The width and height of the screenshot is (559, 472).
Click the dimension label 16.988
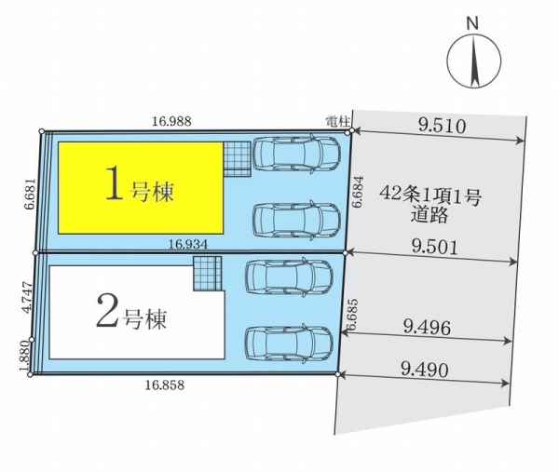171,121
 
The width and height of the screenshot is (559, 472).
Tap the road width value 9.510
442,126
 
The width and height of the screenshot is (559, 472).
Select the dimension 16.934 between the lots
188,244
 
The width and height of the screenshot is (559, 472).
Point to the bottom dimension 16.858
165,384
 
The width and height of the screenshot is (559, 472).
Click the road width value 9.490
424,371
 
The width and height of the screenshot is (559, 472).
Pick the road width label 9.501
434,247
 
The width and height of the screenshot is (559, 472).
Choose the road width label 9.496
427,328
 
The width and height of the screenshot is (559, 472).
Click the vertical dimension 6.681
31,194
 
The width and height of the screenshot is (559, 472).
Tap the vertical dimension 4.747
27,298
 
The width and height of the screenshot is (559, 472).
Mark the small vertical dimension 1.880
26,357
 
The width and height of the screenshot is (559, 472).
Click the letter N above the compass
472,23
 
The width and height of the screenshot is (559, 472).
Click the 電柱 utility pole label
337,122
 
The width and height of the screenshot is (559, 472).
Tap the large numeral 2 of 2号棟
106,313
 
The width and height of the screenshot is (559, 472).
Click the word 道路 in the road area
429,215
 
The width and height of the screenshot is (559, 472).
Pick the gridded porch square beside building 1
237,159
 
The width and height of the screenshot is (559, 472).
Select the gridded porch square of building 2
208,273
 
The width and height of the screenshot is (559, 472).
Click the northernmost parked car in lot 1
296,154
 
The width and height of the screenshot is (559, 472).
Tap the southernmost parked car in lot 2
289,344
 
